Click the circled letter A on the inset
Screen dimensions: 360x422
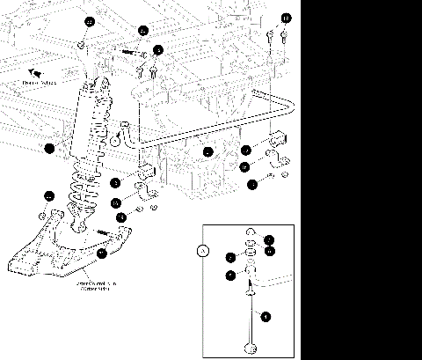point(205,250)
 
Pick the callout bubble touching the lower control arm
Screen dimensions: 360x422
point(102,253)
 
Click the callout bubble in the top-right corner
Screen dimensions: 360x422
point(286,18)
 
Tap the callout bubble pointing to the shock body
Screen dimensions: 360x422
point(50,148)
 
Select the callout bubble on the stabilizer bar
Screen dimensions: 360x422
point(207,152)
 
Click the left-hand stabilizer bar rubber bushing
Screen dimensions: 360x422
point(143,171)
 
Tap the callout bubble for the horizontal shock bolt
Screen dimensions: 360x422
point(143,30)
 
